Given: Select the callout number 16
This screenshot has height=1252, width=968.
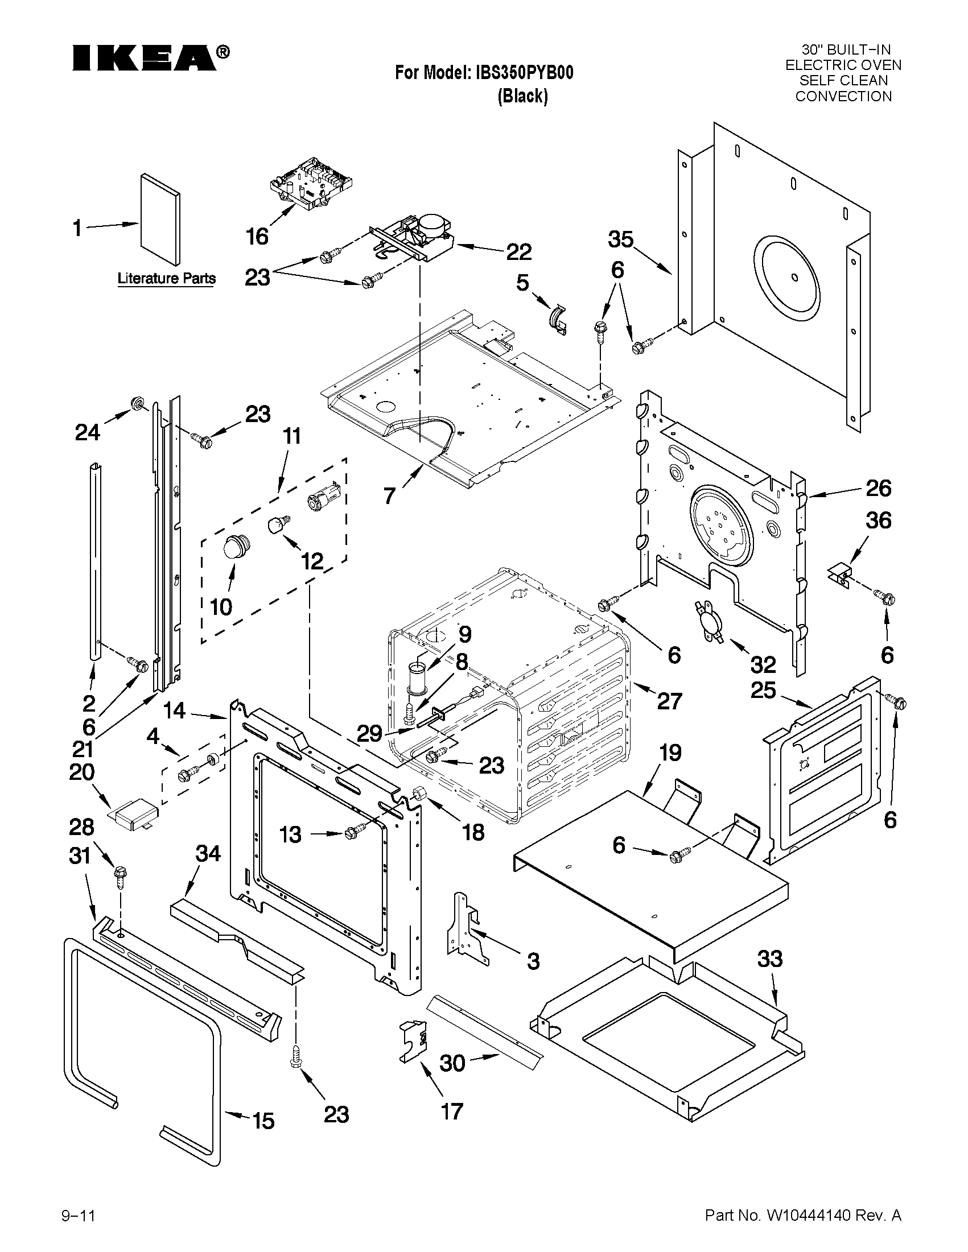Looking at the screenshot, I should (x=256, y=235).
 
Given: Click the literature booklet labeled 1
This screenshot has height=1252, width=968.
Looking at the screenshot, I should (x=160, y=217).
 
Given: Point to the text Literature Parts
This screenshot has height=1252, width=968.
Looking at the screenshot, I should (x=166, y=279).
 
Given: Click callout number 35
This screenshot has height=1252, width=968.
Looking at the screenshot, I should (x=620, y=239).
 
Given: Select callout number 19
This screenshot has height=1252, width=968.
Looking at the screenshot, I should (x=669, y=753).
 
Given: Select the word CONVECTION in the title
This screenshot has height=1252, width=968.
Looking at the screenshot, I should (x=843, y=96).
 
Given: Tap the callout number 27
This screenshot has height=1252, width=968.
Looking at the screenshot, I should (x=669, y=701).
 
